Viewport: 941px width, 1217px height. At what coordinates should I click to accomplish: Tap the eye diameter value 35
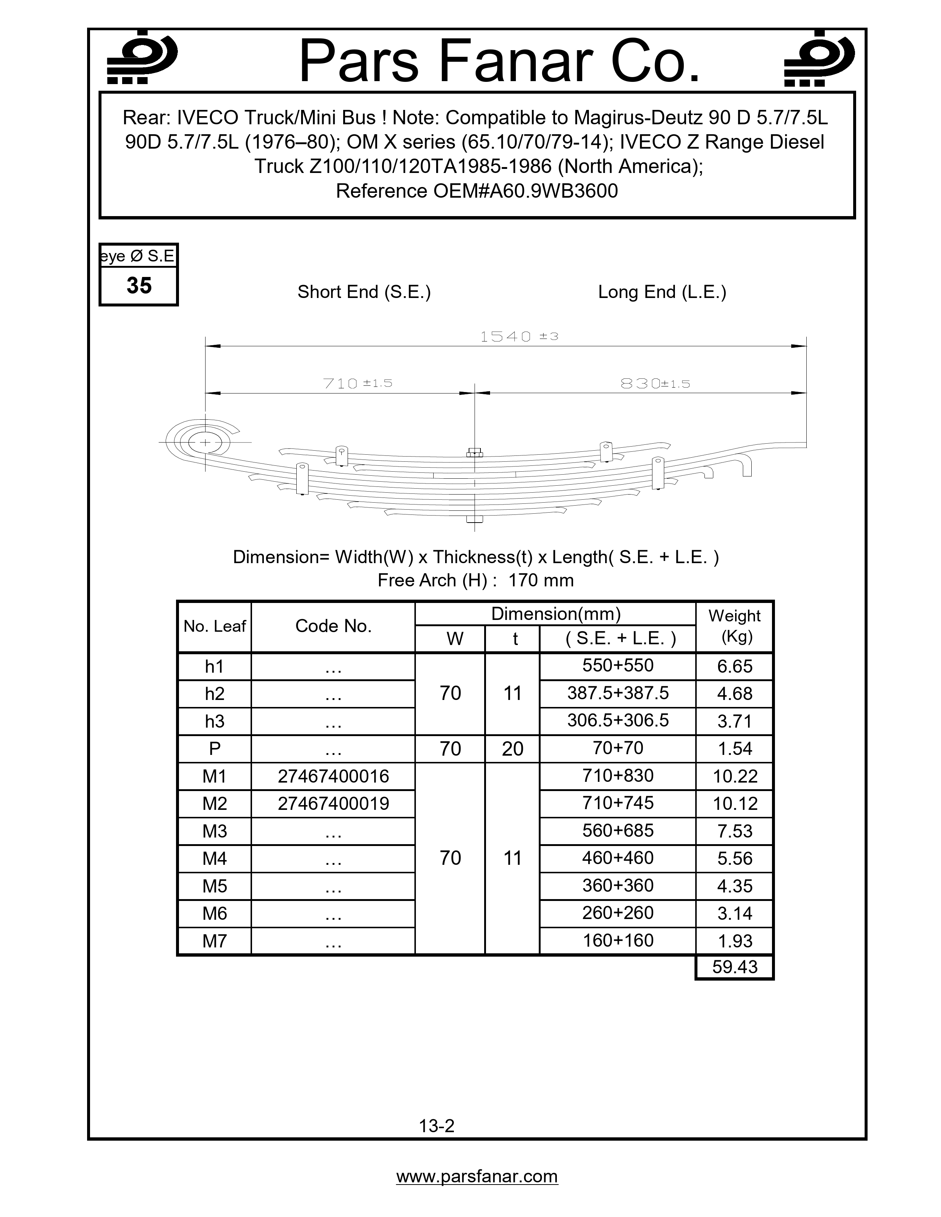[x=139, y=286]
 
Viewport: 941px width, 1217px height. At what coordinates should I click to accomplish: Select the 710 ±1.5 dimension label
[x=357, y=384]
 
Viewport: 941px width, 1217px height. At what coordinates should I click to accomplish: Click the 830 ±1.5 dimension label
[x=655, y=384]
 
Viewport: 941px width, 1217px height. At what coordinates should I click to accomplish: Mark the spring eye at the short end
[x=205, y=443]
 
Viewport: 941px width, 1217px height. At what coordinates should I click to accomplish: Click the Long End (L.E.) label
[x=662, y=292]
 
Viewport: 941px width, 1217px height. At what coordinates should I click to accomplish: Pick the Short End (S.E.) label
[x=364, y=292]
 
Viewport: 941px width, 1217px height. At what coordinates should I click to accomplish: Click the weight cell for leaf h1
[x=735, y=666]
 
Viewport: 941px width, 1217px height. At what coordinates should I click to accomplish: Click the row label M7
[x=215, y=941]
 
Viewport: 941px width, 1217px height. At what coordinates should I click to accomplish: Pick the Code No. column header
[x=333, y=626]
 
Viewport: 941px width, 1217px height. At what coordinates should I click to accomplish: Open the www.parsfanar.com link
[x=477, y=1176]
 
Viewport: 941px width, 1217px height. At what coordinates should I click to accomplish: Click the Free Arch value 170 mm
[x=541, y=580]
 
